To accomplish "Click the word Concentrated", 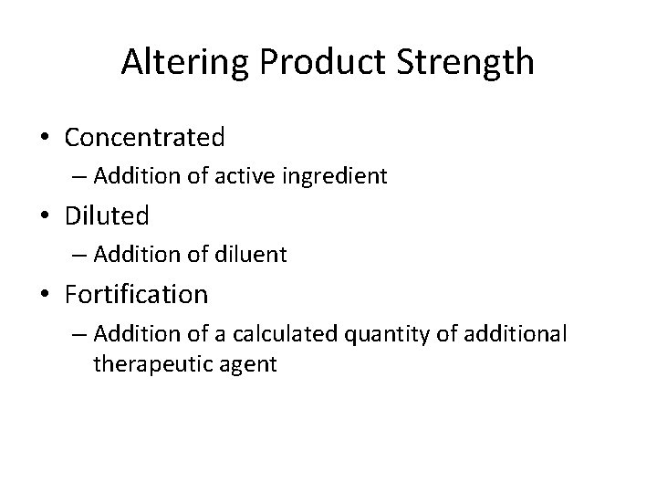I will tap(145, 138).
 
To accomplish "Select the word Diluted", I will tap(107, 216).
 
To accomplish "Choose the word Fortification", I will tap(137, 295).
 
